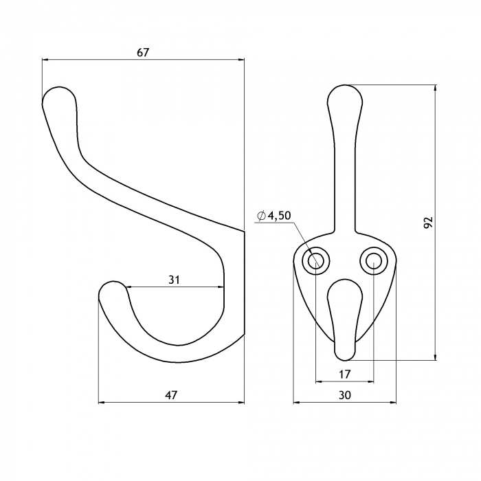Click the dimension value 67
(143, 52)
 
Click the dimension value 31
(174, 280)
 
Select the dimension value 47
(171, 395)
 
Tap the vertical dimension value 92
(428, 222)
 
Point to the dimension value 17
(344, 374)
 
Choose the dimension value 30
(345, 395)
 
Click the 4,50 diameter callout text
(279, 216)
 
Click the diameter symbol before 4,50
(261, 216)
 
